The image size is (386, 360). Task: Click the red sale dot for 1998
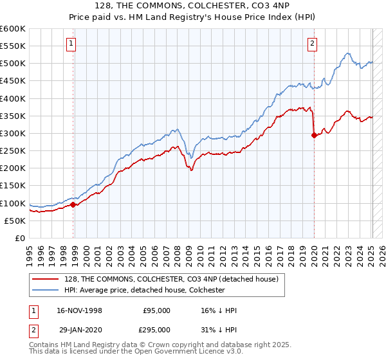[x=73, y=204]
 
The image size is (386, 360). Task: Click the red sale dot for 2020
[x=314, y=135]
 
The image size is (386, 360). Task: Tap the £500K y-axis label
[x=13, y=64]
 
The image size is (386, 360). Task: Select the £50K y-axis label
[x=15, y=221]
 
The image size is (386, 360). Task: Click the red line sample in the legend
[x=46, y=279]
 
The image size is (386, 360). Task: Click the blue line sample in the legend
[x=46, y=290]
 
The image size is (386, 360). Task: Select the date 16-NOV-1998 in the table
[x=80, y=310]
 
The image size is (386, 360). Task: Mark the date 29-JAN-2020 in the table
[x=80, y=329]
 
